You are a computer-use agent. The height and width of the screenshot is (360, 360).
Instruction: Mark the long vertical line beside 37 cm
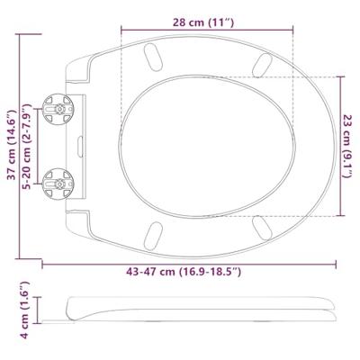22,135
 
